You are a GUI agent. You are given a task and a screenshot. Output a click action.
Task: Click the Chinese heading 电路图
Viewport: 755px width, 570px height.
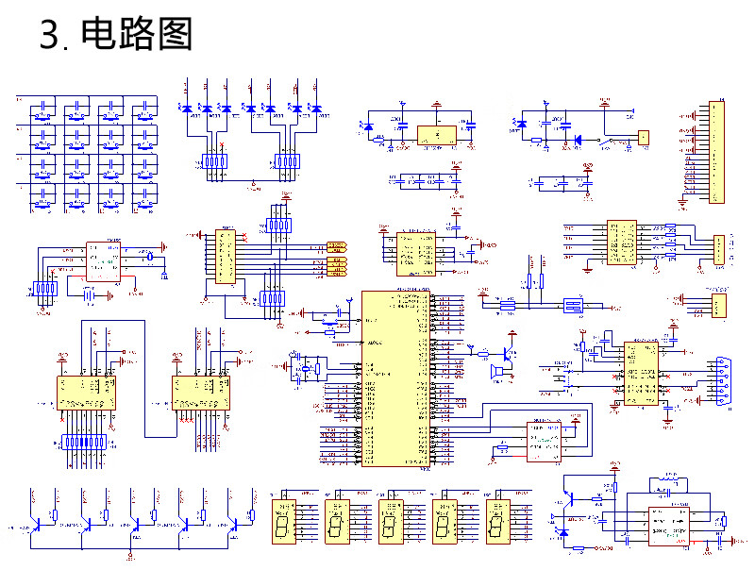137,35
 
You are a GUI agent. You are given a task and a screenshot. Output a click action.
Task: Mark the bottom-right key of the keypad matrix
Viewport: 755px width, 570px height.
145,197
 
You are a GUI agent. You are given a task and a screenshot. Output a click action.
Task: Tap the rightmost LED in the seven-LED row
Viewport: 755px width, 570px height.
316,109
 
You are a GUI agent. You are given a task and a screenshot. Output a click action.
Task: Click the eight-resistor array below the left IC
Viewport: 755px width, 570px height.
88,441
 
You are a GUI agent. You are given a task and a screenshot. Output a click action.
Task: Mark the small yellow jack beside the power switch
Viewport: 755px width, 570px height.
644,138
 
